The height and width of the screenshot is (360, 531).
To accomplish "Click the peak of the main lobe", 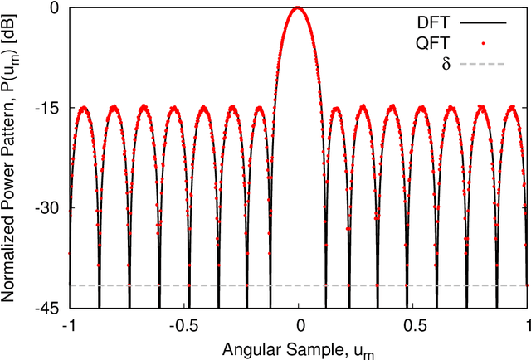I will tap(299, 8).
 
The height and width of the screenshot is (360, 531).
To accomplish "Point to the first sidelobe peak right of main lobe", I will tap(336, 108).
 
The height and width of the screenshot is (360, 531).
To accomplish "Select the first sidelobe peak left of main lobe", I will tap(261, 108).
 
